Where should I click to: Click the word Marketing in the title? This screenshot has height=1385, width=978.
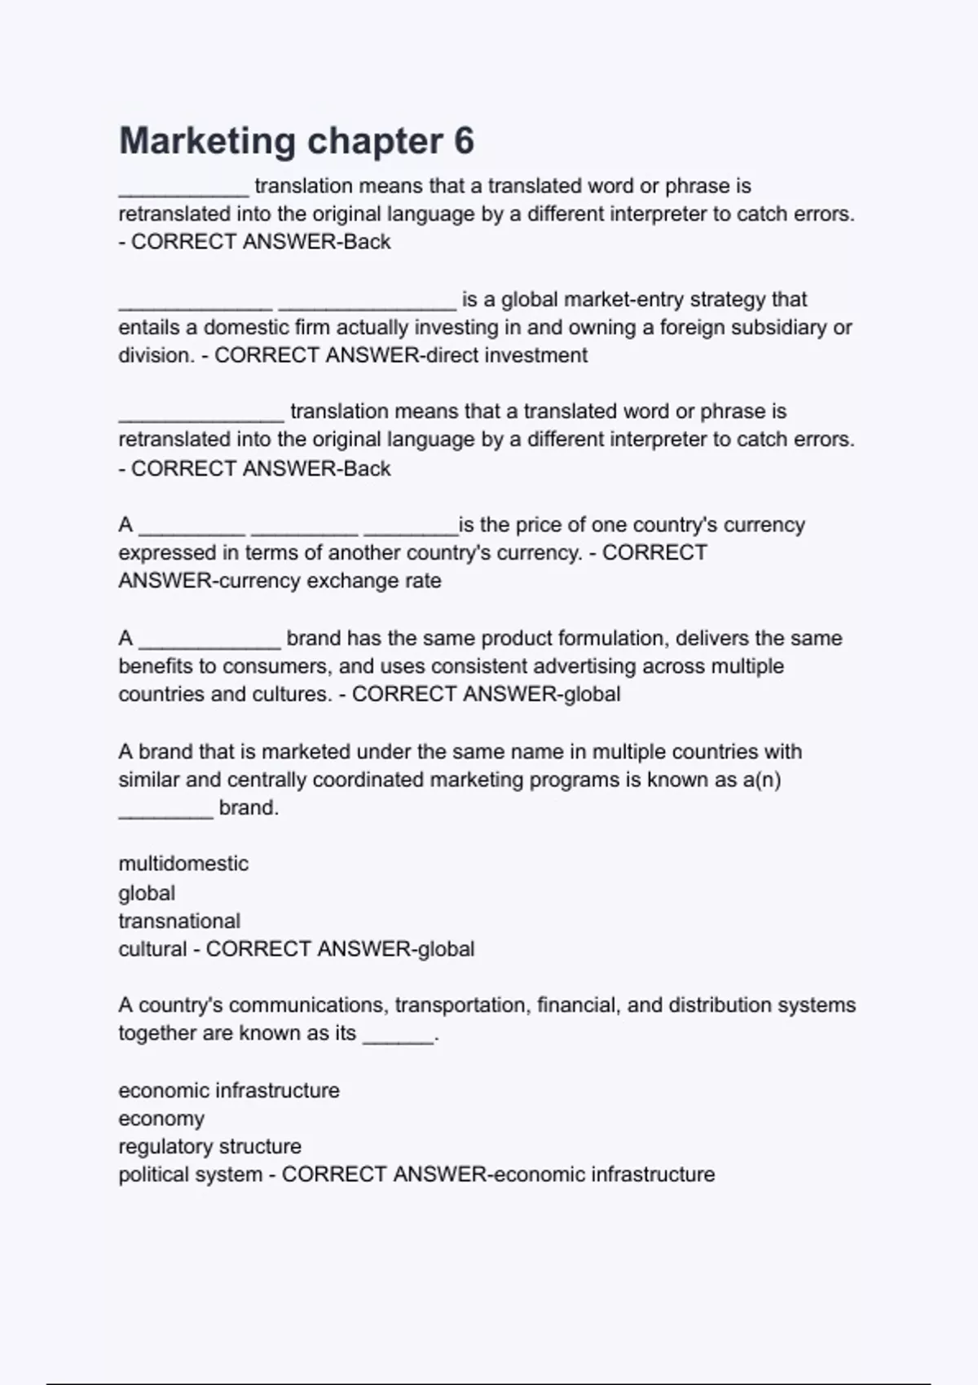(207, 141)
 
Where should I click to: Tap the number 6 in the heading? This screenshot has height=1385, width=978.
(464, 141)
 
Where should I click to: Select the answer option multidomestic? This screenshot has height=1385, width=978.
(183, 864)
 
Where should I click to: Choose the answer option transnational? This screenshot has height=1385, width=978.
(179, 921)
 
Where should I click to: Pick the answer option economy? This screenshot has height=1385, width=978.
(161, 1119)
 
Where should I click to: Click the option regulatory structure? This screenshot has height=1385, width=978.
(209, 1146)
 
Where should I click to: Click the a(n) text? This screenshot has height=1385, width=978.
(761, 780)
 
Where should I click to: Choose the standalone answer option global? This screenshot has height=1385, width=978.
(147, 893)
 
